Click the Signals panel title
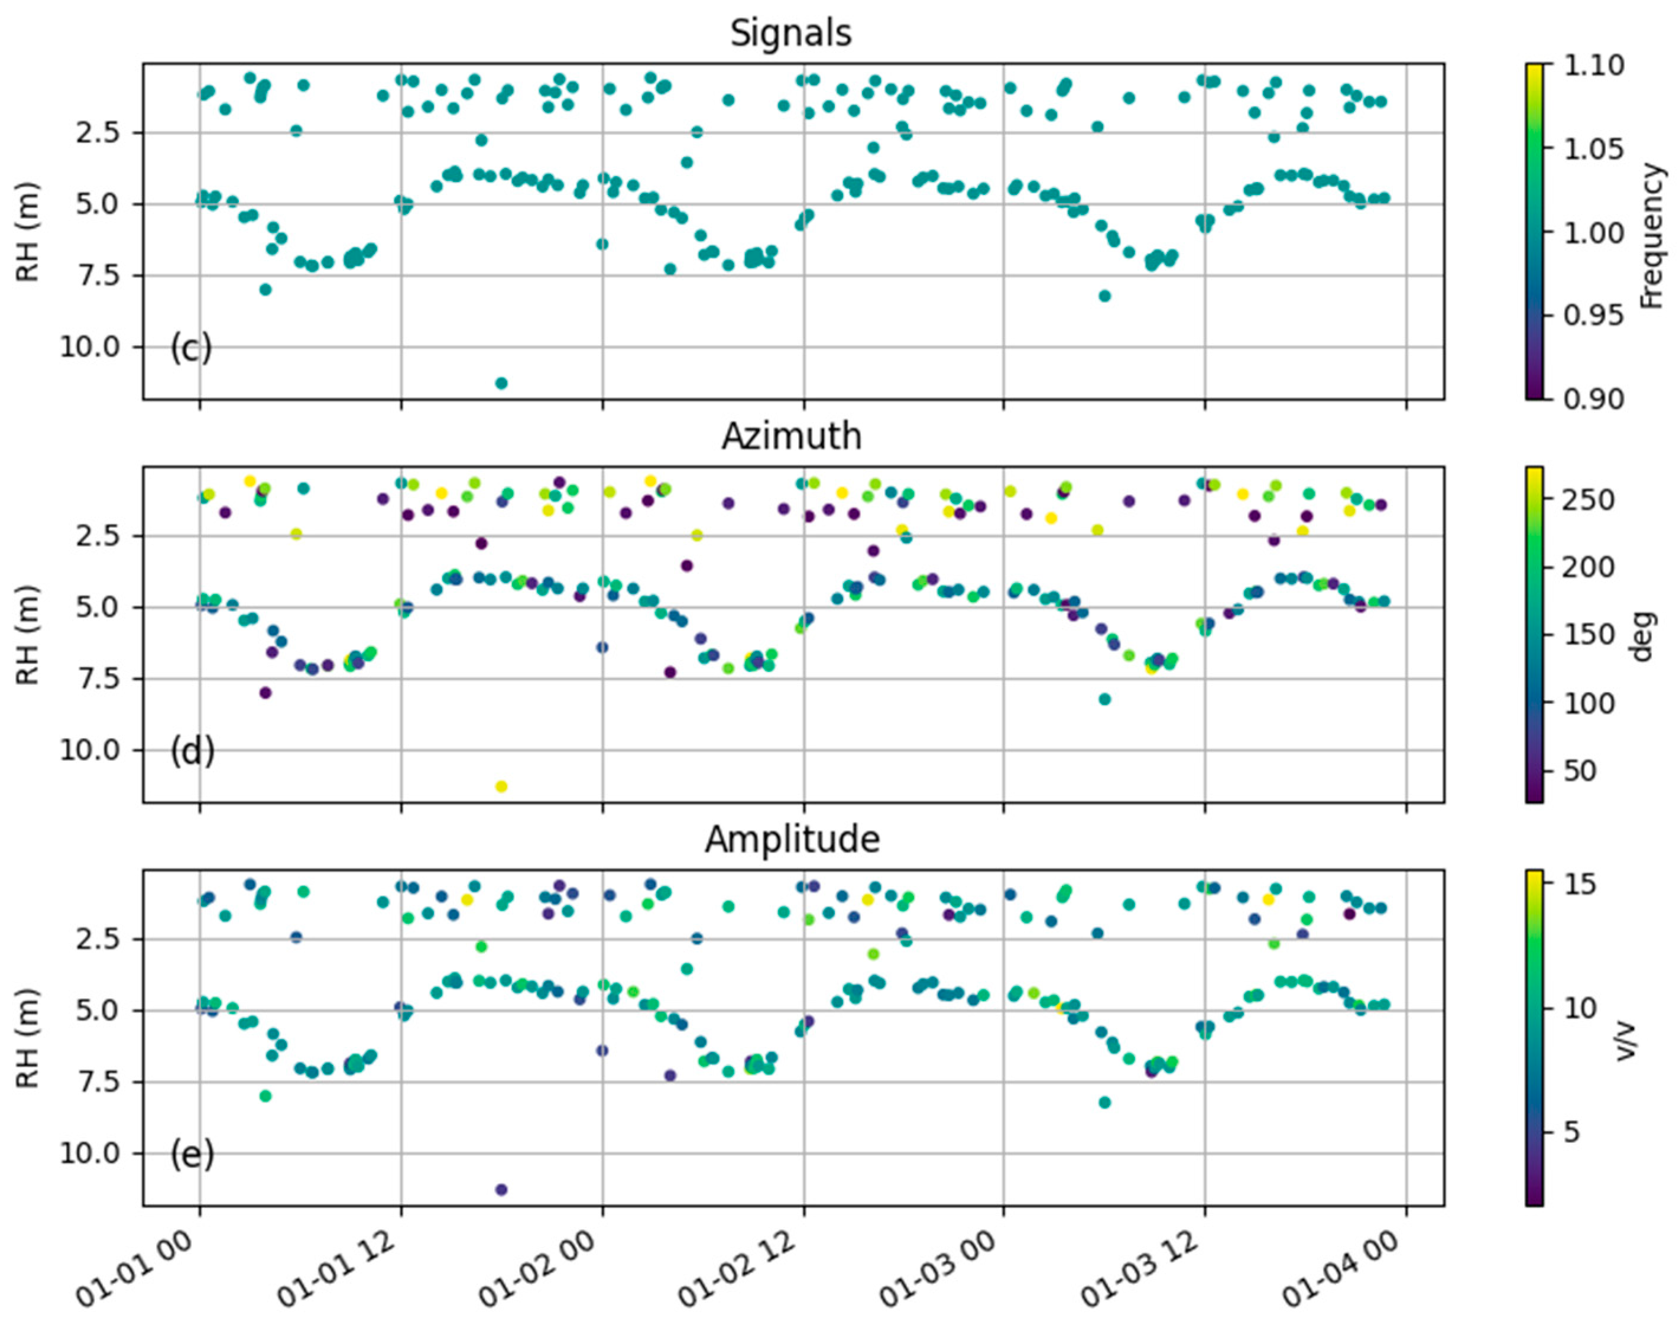coord(790,33)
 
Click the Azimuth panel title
coord(790,437)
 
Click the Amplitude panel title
coord(791,839)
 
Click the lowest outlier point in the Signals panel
coord(501,383)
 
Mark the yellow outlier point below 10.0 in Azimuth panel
coord(501,787)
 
